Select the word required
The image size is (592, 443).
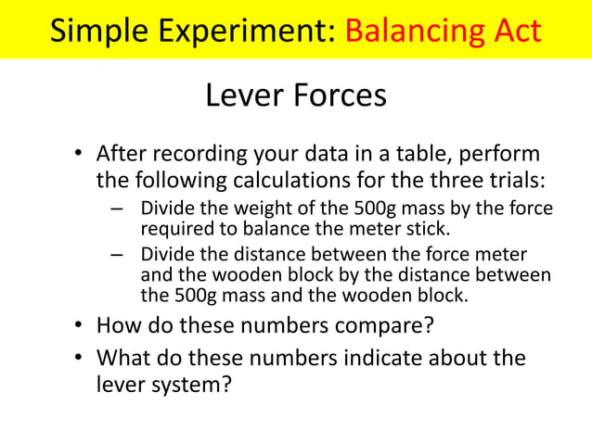click(x=173, y=226)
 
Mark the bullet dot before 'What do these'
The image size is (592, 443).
click(x=81, y=359)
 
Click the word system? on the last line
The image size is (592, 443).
click(x=195, y=382)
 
